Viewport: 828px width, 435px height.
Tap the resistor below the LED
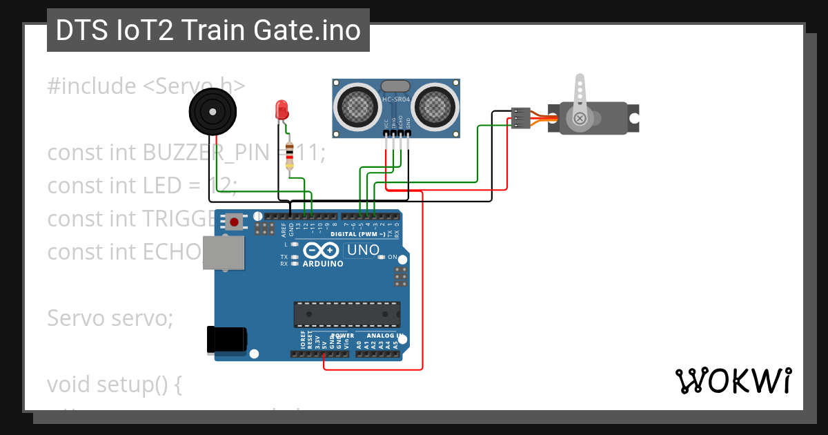tap(289, 155)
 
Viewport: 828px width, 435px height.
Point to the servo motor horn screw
tap(580, 119)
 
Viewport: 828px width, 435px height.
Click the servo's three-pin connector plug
tap(521, 117)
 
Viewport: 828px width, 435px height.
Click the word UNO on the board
tap(362, 250)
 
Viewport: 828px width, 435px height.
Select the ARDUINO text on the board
tap(322, 264)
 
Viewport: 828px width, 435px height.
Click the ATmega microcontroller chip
tap(347, 314)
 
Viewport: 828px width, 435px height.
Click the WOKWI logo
tap(733, 380)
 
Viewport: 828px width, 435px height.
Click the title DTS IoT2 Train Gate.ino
tap(208, 30)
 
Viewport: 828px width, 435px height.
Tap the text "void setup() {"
tap(115, 384)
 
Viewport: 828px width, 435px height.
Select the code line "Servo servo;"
tap(110, 318)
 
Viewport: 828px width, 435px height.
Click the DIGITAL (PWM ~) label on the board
tap(363, 234)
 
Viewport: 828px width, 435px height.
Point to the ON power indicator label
tap(392, 257)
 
